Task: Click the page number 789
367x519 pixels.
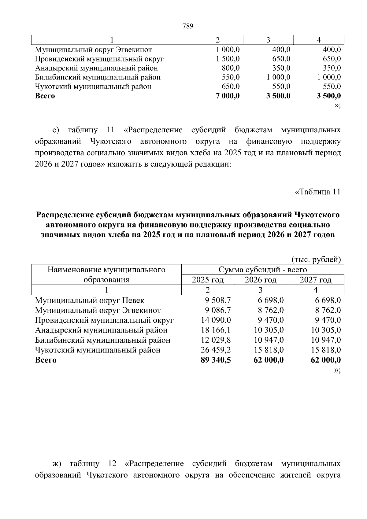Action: (188, 26)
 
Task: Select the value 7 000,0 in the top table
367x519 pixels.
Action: (228, 96)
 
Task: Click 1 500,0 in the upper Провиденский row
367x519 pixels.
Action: (228, 59)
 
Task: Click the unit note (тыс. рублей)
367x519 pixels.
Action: (316, 260)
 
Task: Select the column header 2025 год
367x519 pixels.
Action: (208, 280)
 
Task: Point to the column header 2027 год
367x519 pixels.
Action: (316, 280)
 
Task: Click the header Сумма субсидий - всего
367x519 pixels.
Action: (262, 270)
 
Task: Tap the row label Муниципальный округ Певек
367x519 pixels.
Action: (90, 300)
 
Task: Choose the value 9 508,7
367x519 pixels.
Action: (218, 300)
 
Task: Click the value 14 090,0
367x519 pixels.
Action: (216, 320)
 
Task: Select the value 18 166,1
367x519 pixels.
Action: (216, 330)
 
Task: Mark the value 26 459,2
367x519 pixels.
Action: (216, 350)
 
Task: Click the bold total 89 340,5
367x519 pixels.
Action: (216, 360)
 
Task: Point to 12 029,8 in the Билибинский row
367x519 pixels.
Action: (216, 340)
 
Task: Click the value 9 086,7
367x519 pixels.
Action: (218, 310)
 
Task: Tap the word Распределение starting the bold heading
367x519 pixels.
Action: (65, 215)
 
